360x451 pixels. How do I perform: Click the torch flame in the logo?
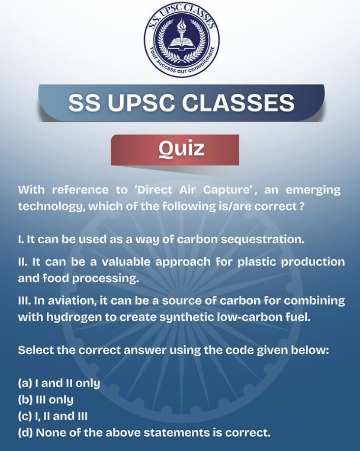[181, 24]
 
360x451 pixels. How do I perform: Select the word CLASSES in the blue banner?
[238, 103]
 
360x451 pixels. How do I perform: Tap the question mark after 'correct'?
[301, 206]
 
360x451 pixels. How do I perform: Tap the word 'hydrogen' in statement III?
[74, 317]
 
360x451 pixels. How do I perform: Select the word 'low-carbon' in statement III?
[248, 317]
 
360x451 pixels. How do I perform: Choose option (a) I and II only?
[59, 383]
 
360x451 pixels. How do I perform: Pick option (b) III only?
[46, 400]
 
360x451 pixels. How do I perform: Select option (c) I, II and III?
[53, 416]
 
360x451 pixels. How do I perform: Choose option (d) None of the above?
[144, 433]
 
